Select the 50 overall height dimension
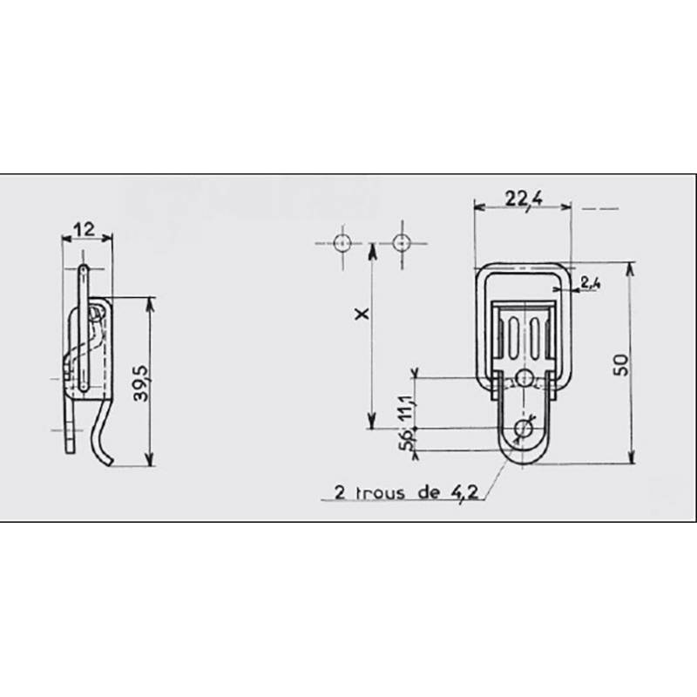[620, 364]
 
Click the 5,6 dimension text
[405, 440]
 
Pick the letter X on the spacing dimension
[358, 315]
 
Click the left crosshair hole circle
[342, 241]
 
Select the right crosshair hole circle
[401, 241]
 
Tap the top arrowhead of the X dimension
[372, 249]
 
